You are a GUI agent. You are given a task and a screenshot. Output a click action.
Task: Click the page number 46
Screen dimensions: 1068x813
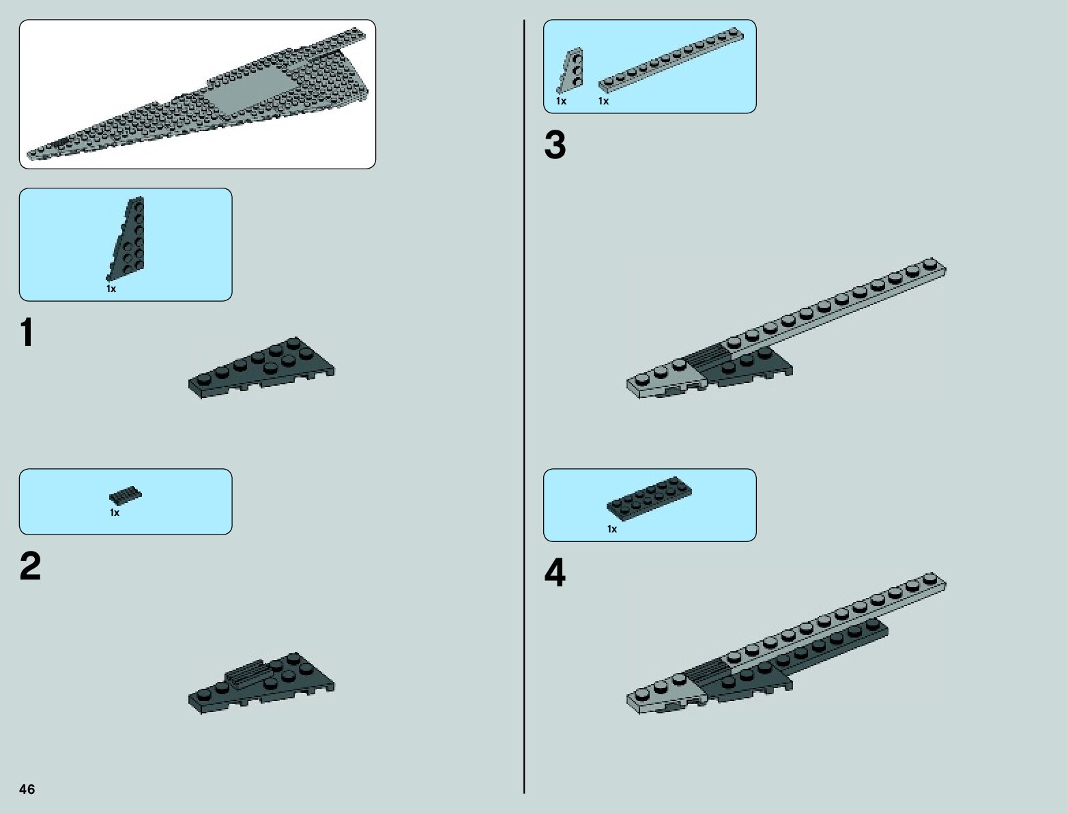27,790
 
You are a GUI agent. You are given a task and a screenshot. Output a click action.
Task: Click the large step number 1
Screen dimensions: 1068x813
27,334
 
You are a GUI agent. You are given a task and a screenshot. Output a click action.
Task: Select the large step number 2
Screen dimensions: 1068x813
31,567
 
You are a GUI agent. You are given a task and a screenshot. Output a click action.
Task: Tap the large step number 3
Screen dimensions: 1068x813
555,146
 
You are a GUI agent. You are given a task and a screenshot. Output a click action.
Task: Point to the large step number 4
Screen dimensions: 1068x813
555,574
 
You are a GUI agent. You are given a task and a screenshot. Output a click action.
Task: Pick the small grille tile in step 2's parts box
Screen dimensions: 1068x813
126,496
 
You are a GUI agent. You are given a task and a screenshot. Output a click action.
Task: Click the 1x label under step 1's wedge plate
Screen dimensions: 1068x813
111,289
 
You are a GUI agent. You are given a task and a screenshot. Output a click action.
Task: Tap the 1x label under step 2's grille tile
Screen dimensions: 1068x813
115,513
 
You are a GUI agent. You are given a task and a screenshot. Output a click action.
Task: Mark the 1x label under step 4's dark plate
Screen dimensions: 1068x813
611,529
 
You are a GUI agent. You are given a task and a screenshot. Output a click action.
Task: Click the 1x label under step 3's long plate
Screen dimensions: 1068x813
603,101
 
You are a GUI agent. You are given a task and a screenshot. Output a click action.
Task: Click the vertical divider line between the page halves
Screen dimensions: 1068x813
524,410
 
